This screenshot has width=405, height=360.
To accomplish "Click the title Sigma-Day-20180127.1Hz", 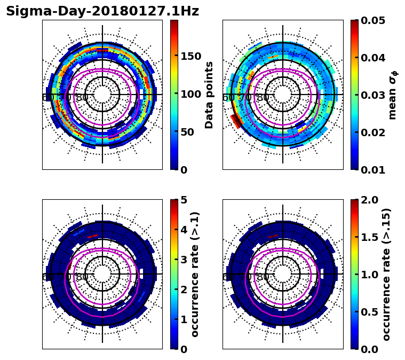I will click(x=102, y=11).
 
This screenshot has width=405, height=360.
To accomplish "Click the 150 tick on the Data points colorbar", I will click(x=190, y=57).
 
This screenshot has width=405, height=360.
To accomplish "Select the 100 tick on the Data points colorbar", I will click(x=190, y=95).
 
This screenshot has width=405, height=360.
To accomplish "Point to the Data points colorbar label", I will click(x=209, y=95).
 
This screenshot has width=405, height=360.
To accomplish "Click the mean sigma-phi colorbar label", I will click(x=392, y=95).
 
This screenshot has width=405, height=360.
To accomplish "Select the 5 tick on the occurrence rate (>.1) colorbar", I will click(x=183, y=200).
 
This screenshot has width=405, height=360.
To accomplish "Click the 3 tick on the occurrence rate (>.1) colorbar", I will click(x=183, y=260).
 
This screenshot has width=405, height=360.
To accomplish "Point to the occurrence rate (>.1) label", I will click(x=195, y=274).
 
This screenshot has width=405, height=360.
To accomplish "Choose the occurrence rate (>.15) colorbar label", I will click(x=386, y=274).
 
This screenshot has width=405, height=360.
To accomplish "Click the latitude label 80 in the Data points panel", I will click(x=82, y=98).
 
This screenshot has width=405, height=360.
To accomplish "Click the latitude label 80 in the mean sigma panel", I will click(x=263, y=98).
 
